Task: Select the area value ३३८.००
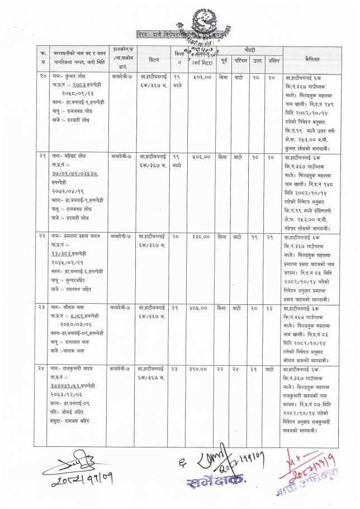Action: click(x=200, y=237)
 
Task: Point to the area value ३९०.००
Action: click(x=200, y=370)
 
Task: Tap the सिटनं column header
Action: click(x=154, y=58)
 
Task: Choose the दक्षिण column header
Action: click(x=273, y=58)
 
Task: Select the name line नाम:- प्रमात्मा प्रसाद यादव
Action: click(x=79, y=237)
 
